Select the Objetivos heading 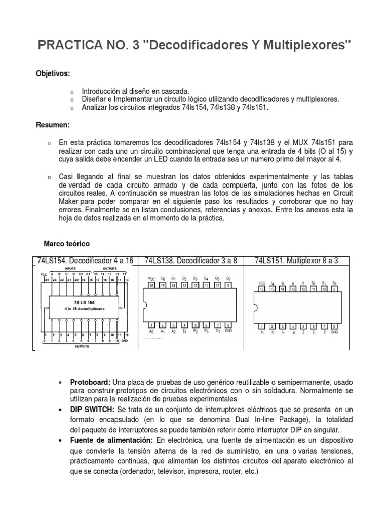(x=53, y=73)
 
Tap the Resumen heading (x=53, y=125)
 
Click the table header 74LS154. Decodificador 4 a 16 (x=85, y=261)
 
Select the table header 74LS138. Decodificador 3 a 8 (x=191, y=261)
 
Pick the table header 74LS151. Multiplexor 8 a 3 (x=296, y=261)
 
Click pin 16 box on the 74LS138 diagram (x=151, y=286)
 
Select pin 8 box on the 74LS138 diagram (x=229, y=325)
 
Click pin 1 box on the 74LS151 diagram (x=261, y=325)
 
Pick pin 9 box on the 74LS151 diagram (x=334, y=289)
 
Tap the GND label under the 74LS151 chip (x=334, y=332)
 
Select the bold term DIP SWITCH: (x=93, y=409)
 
